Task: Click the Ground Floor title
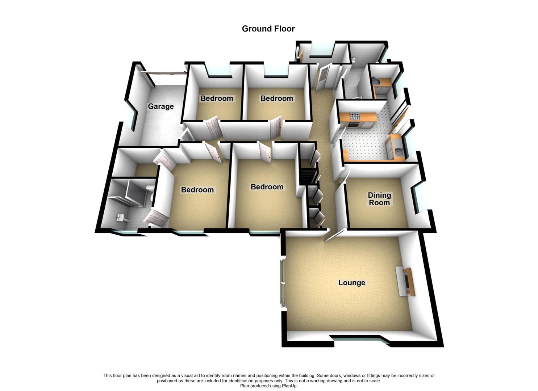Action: tap(268, 29)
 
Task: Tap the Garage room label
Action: tap(161, 106)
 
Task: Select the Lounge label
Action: tap(351, 283)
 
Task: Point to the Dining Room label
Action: tap(379, 199)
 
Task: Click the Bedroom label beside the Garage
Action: tap(217, 98)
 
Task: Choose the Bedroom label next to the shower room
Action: tap(197, 190)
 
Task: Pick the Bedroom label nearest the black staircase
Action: tap(267, 187)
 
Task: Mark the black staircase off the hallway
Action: tap(308, 176)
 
